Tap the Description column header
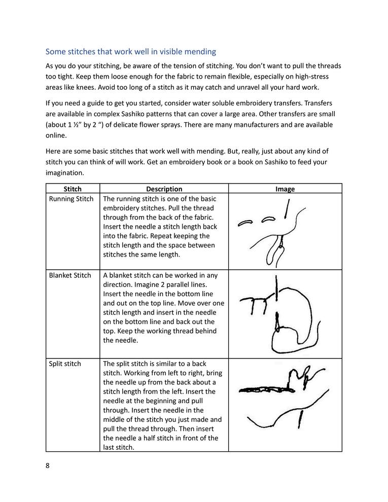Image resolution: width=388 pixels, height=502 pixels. pyautogui.click(x=164, y=189)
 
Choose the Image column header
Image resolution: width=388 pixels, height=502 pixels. pyautogui.click(x=285, y=189)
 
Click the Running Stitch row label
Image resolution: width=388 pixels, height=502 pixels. pyautogui.click(x=71, y=199)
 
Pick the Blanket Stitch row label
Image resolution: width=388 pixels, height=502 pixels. pyautogui.click(x=70, y=275)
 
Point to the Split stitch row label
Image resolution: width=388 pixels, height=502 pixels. pyautogui.click(x=64, y=364)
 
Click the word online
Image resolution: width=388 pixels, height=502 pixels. pyautogui.click(x=56, y=135)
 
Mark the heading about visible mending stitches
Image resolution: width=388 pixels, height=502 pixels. pyautogui.click(x=131, y=51)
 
